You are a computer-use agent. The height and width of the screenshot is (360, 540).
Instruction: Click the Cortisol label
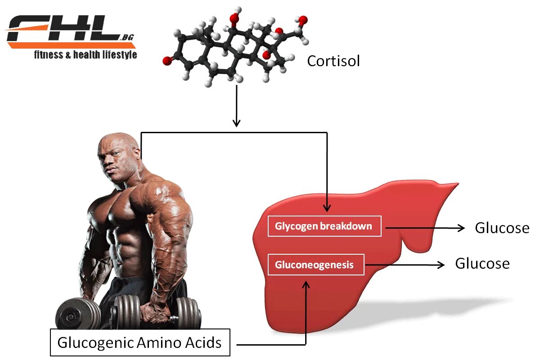[x=333, y=61]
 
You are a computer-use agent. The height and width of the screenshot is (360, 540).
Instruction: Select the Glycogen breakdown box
[x=324, y=226]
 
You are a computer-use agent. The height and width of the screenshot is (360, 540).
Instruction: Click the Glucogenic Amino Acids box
[x=139, y=343]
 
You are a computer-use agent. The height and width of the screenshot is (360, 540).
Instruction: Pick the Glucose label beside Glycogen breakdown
[x=502, y=228]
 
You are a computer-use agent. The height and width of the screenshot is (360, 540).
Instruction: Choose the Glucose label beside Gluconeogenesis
[x=482, y=263]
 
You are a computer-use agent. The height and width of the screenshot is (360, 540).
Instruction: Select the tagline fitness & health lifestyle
[x=85, y=55]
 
